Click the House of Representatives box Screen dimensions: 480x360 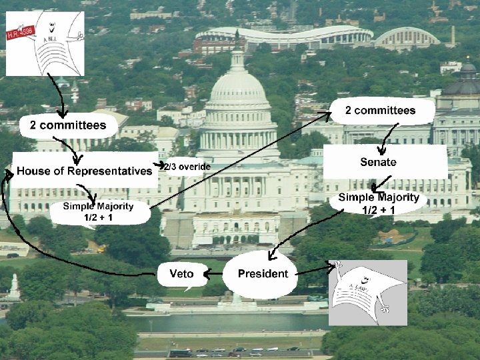tap(84, 171)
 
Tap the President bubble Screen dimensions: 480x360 tap(263, 273)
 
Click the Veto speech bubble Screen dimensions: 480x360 tap(182, 274)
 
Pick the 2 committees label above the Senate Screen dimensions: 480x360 tap(381, 111)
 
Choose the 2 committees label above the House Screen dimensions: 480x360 tap(67, 125)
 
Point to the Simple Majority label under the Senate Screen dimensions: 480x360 tap(379, 203)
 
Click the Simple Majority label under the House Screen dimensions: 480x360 tap(98, 211)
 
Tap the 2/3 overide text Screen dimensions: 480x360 tap(189, 166)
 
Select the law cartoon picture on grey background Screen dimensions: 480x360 tap(367, 293)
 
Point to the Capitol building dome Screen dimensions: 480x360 tap(238, 87)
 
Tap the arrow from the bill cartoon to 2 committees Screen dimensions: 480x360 tap(60, 97)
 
